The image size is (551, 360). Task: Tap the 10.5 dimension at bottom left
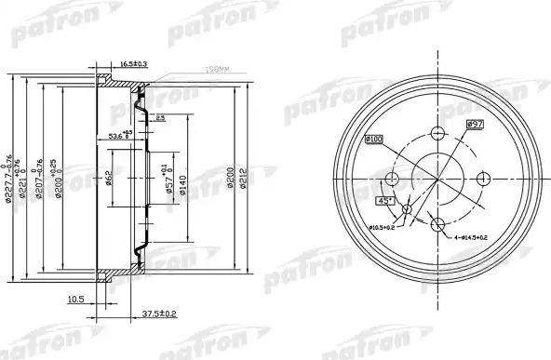(77, 300)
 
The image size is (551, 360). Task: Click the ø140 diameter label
(182, 180)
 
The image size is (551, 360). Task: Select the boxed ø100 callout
(374, 139)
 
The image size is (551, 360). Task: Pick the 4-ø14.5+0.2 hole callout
(481, 239)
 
